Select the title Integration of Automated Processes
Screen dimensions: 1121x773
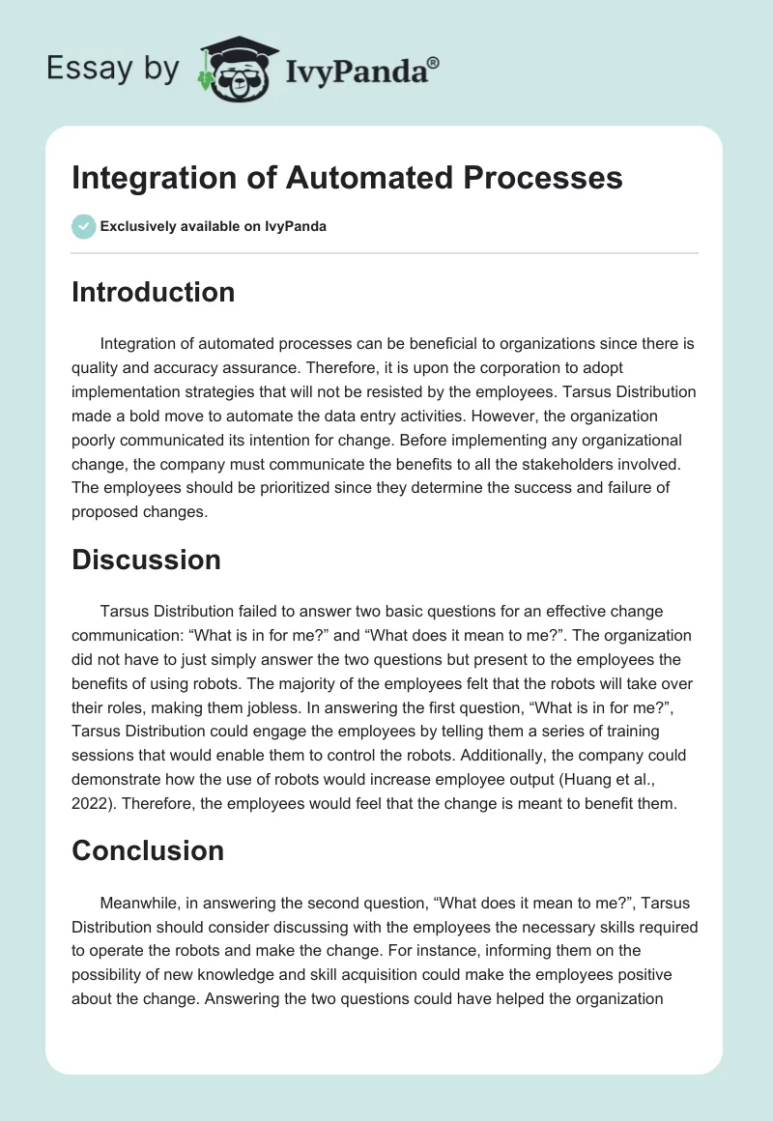(x=347, y=179)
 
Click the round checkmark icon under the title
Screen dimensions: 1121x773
(x=83, y=226)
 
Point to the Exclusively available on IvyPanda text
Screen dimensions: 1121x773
(x=214, y=227)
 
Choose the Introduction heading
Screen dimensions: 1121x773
(x=153, y=293)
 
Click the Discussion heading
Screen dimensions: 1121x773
(x=146, y=560)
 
